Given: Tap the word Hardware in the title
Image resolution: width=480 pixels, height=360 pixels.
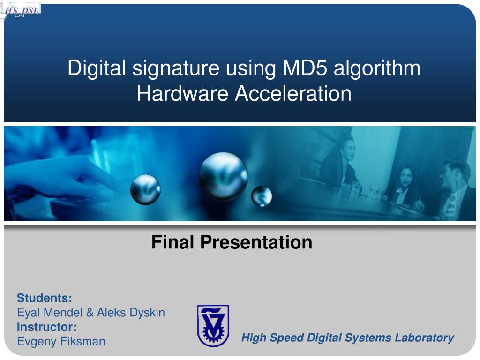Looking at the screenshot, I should coord(183,93).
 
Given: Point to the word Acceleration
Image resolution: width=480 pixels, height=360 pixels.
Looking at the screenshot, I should coord(293,93).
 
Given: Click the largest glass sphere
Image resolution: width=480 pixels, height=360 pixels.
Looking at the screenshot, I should coord(223,177).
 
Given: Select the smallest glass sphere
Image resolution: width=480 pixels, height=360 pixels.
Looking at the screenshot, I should coord(262,196).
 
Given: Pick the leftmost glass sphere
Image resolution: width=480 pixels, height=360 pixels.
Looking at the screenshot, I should coord(145,189).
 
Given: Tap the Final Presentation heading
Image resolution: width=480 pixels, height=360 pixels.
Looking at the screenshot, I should coord(232,242).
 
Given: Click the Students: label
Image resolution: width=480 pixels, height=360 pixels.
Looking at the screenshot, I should coord(45,298).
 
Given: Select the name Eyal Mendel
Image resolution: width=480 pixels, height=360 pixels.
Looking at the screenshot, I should coord(50,312).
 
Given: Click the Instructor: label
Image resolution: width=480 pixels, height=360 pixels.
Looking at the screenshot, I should coord(47,326).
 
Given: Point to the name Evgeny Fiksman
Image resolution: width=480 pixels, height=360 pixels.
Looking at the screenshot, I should coord(61,341).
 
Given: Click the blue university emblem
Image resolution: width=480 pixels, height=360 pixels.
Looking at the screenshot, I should coord(213,325).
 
